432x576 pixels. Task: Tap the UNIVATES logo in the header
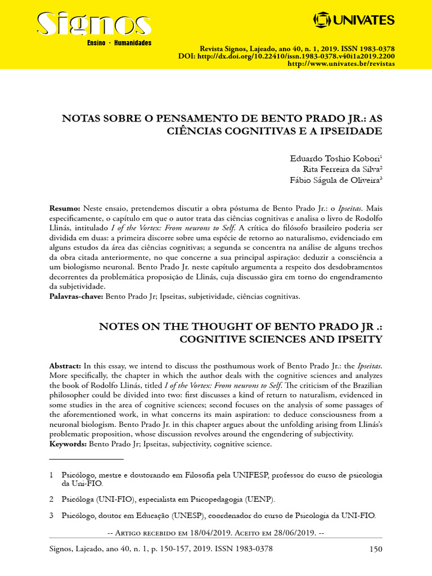354,21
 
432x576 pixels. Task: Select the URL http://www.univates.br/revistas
341,65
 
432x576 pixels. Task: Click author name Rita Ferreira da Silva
341,169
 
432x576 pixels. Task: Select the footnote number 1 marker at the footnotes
51,475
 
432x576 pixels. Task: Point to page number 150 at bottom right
375,549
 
